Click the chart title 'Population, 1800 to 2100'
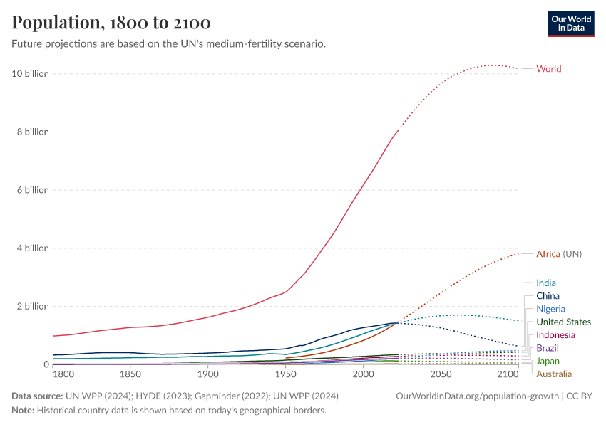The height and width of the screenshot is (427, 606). coord(111,23)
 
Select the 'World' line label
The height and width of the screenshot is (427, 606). coord(549,69)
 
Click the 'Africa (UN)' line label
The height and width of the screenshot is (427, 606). coord(559,254)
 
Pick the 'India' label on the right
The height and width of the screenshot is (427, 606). coord(546,283)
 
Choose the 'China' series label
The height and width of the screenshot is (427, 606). coord(548,296)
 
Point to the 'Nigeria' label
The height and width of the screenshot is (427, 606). coord(550,309)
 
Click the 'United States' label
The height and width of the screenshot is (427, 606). coord(563,322)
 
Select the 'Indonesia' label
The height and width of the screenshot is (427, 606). coord(555,335)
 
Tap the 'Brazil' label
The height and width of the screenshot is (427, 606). coord(548,348)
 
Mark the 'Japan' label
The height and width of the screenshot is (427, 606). coord(548,362)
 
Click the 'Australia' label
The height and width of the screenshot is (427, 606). coord(554,374)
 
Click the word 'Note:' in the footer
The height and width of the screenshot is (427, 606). coord(23,411)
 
